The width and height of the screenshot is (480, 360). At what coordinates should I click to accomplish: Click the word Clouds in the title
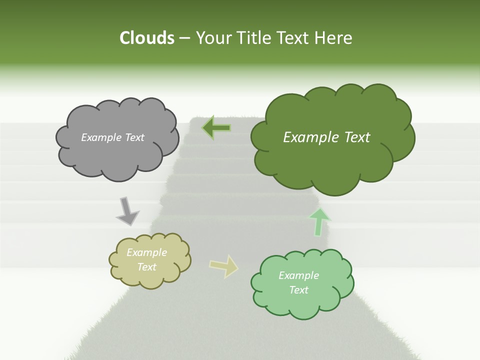coord(146,38)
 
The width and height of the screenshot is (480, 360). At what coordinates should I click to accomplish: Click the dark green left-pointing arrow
coord(216,128)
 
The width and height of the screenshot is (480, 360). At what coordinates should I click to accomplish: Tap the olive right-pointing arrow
coord(223,265)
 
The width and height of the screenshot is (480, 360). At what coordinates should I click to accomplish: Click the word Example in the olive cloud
coord(147,253)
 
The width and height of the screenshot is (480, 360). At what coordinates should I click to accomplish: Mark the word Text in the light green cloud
coord(299,290)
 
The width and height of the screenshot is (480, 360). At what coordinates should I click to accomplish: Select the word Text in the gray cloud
coord(134,137)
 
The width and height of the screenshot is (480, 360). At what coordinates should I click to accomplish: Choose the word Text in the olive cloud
coord(147,267)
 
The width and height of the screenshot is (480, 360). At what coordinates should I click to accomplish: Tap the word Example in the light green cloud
coord(298,275)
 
